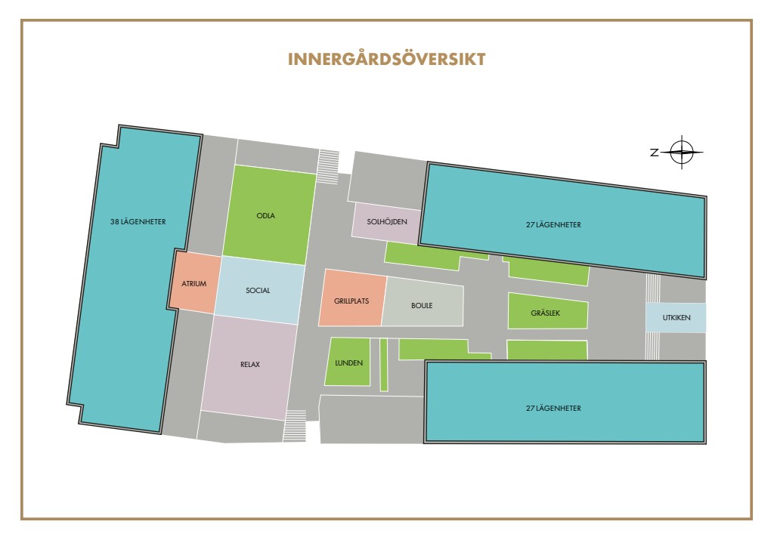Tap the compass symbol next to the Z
pos(682,153)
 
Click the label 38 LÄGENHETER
pos(138,222)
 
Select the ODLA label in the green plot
pos(266,215)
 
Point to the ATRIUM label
pos(194,284)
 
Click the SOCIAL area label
pos(258,290)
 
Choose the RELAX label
pos(250,364)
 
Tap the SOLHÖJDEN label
pos(386,221)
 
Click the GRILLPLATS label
pos(351,300)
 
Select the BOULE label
pos(422,306)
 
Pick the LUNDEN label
pos(349,363)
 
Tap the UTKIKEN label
pos(676,318)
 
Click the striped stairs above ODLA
pos(327,166)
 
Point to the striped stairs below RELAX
pos(294,426)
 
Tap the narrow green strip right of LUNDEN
pos(384,365)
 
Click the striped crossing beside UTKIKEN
pos(654,317)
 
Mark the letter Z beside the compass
pos(654,153)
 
